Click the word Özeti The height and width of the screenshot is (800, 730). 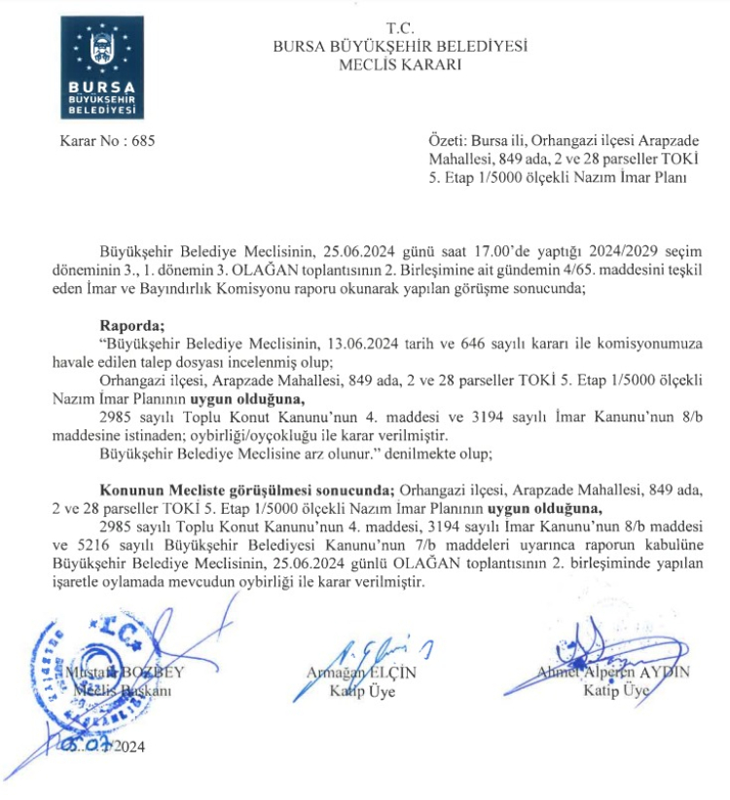pyautogui.click(x=446, y=141)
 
